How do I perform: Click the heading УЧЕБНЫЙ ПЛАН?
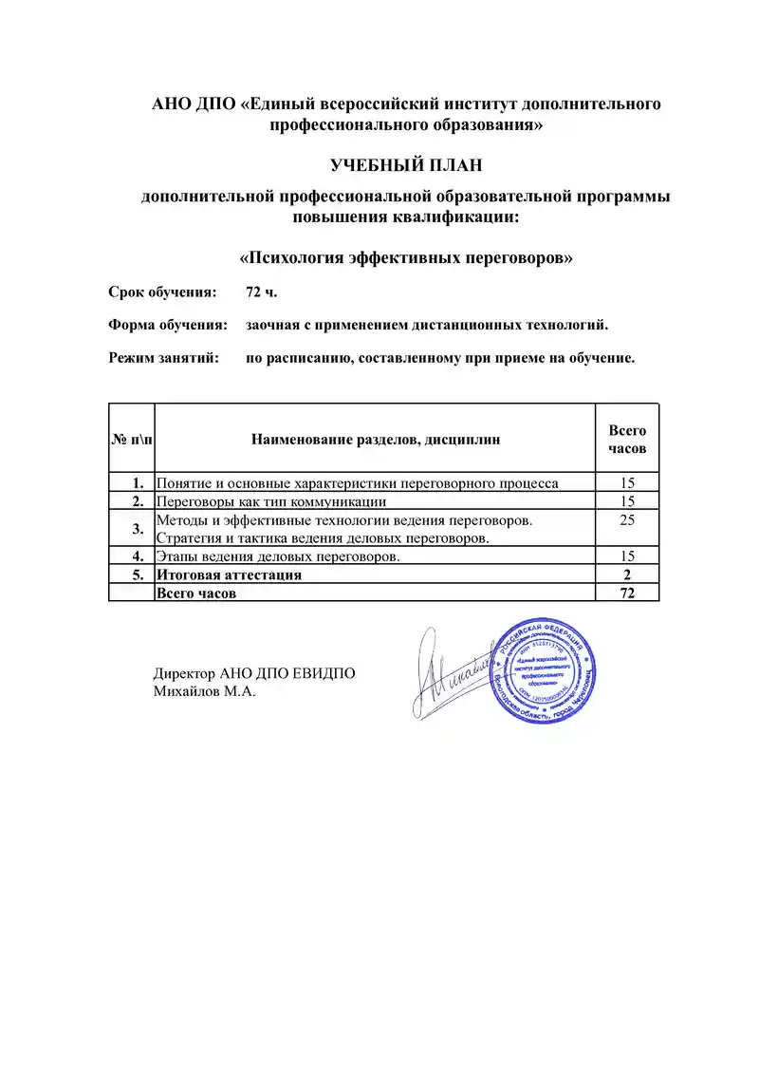coord(406,166)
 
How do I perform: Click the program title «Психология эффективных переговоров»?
coord(406,257)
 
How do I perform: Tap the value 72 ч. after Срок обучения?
coord(261,292)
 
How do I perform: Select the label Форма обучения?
coord(168,326)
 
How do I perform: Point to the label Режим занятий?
coord(163,359)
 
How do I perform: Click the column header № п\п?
coord(132,439)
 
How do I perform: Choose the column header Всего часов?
coord(627,439)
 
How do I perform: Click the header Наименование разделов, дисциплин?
coord(375,439)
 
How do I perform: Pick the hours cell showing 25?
coord(627,520)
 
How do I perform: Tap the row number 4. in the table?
coord(139,556)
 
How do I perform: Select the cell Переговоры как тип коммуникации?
coord(271,500)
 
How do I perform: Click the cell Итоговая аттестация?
coord(229,574)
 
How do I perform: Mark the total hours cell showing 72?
coord(627,593)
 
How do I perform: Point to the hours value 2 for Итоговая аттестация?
coord(627,574)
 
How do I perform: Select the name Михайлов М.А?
coord(205,691)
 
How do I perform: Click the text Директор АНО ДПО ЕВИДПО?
coord(254,674)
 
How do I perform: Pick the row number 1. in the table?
coord(139,482)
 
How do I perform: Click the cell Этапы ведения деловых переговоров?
coord(277,556)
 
